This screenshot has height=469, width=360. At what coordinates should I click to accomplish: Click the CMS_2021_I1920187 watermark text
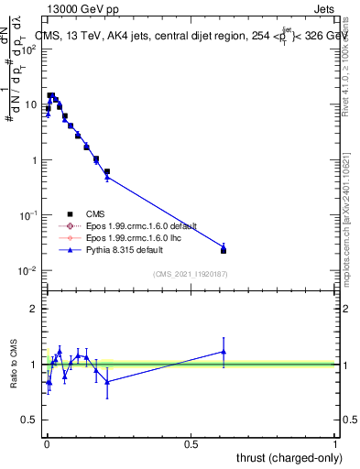[190, 274]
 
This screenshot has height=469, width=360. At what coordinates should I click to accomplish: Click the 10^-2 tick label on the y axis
[25, 271]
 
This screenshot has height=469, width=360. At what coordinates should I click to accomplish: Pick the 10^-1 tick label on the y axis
[25, 215]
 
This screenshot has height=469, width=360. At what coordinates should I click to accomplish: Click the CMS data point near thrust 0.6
[224, 250]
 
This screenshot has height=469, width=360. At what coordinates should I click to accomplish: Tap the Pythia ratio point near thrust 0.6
[224, 351]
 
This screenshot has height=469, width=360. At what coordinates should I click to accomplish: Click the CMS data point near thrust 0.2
[107, 171]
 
